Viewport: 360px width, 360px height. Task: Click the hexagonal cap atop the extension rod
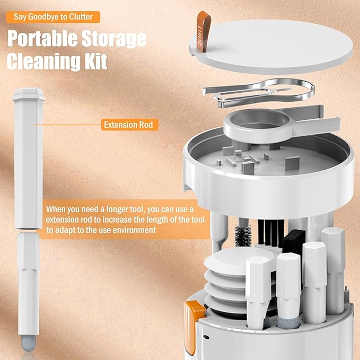(27, 95)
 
